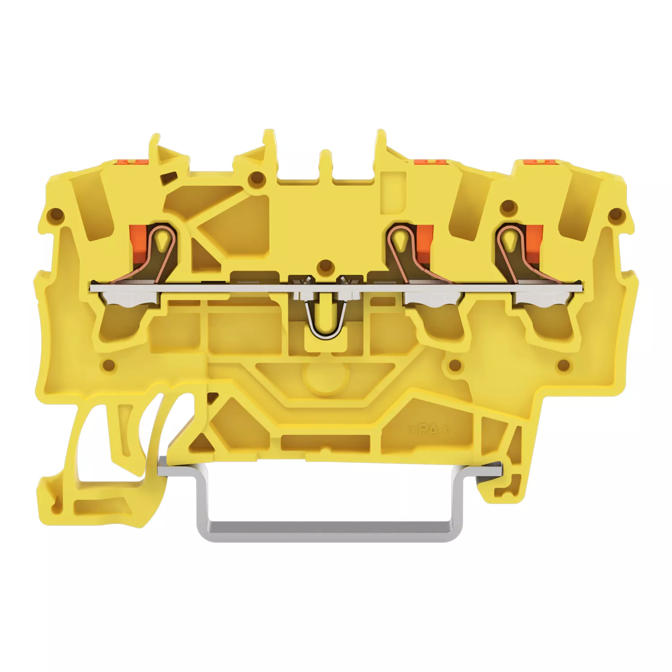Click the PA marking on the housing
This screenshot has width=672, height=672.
(x=428, y=430)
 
